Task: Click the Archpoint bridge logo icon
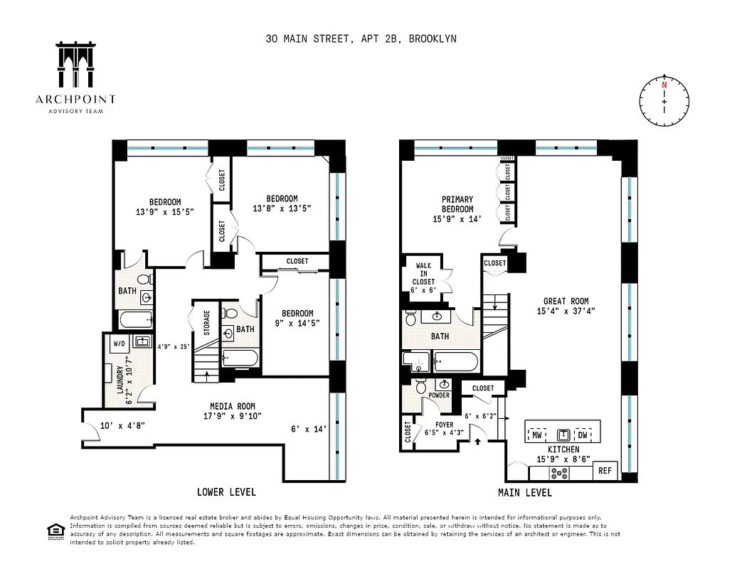75,66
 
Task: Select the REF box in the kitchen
605,470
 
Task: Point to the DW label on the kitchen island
582,435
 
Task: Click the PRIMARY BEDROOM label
457,204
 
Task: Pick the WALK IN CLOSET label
423,274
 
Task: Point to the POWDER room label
439,395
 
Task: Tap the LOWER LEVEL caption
226,492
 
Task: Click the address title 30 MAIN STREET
361,38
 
